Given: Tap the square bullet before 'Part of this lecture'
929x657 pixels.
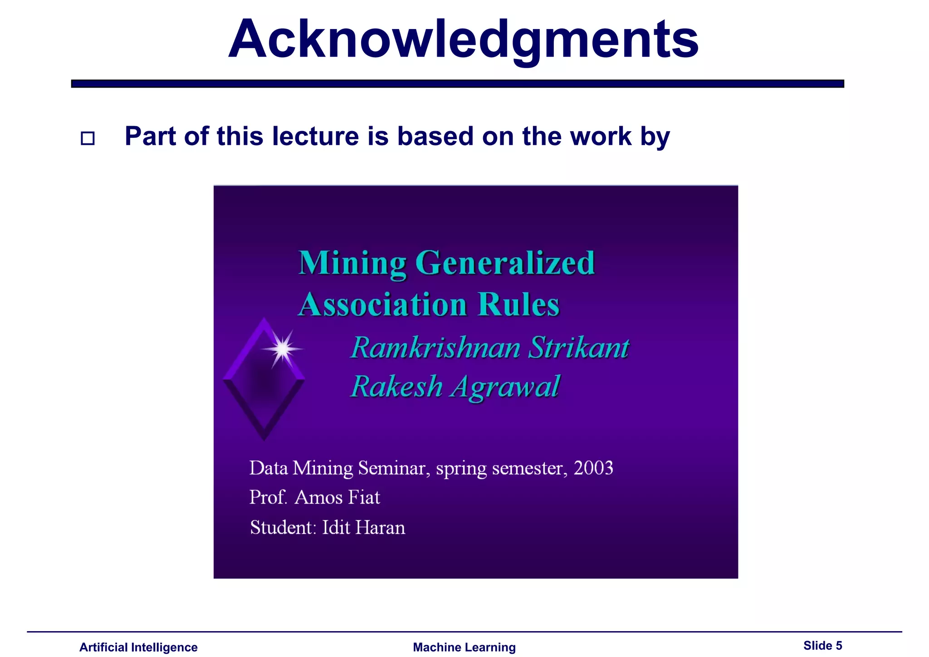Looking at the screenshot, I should pos(88,138).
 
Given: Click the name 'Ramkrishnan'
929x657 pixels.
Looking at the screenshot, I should pos(435,348).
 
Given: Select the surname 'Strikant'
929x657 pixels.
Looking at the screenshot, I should pos(579,348).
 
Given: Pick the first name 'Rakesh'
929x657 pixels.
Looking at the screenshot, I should pos(397,387).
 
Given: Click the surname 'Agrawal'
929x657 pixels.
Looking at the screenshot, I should pos(505,387).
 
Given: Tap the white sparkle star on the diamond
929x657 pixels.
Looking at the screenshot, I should pos(283,349).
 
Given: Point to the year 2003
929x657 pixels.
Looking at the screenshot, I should pos(593,468).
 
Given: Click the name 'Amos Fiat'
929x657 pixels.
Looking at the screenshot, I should pos(337,497).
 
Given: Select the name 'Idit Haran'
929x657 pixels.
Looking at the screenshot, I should pos(363,528).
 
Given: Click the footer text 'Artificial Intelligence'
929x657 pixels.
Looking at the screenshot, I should pos(138,647).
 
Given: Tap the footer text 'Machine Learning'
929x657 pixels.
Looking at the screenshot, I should pos(464,647).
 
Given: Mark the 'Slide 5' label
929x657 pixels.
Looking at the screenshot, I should pos(822,646).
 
